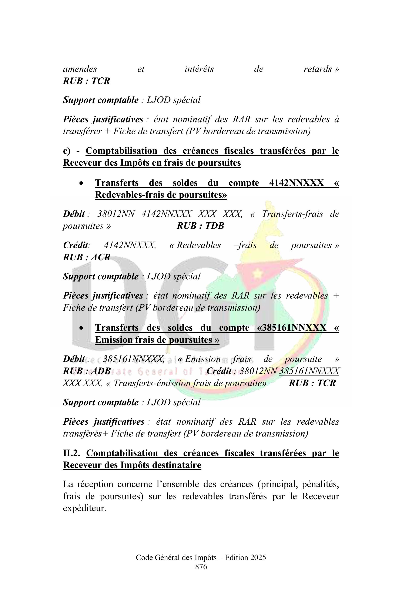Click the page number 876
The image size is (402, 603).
[201, 567]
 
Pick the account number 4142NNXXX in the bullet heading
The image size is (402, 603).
[296, 183]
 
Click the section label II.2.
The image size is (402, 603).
[71, 453]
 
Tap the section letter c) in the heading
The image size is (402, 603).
[66, 151]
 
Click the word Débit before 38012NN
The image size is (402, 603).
[74, 214]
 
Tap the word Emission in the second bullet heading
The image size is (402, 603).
[112, 340]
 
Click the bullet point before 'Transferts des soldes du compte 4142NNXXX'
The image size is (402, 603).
[81, 183]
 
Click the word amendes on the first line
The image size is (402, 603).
[80, 69]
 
